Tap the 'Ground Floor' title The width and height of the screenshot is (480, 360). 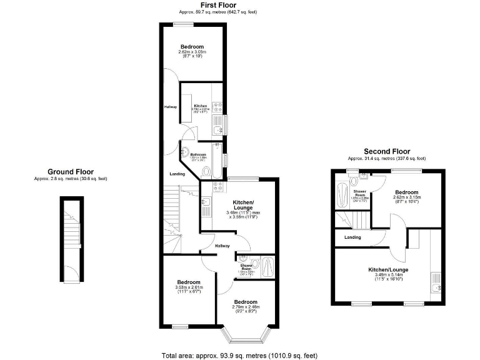71,171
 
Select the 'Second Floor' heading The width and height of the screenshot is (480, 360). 387,151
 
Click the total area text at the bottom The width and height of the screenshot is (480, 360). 239,355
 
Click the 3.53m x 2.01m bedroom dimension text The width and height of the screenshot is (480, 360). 187,288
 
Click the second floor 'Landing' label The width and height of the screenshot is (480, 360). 352,237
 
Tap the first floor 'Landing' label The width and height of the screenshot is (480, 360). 177,174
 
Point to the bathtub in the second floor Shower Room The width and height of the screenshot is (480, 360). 341,196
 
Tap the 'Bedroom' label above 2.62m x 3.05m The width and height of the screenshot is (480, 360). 192,47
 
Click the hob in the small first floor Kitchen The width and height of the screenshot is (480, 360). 217,106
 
